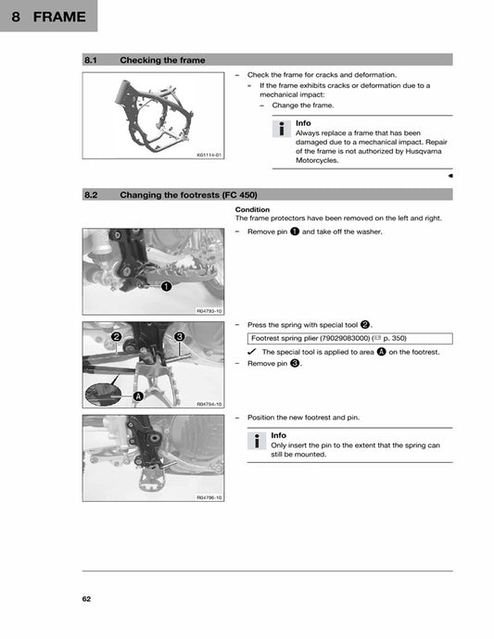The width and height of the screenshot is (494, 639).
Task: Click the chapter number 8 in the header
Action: point(17,16)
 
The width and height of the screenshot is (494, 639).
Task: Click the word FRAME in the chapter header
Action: point(58,16)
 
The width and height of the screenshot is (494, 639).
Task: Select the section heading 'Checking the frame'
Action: point(162,60)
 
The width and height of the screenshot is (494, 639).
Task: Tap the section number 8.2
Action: point(91,194)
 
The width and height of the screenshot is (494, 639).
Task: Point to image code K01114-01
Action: point(209,156)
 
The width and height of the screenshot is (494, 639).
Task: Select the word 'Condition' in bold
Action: point(252,209)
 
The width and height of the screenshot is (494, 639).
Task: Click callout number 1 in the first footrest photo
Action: point(165,286)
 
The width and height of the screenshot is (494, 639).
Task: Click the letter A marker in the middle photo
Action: point(137,396)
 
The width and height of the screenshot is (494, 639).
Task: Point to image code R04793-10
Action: point(209,311)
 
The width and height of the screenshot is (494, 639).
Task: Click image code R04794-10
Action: point(209,404)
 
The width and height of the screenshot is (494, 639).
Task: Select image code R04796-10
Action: point(209,497)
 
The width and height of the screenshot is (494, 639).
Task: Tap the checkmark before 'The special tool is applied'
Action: point(252,352)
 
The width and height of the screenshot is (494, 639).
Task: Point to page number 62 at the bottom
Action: point(86,599)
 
